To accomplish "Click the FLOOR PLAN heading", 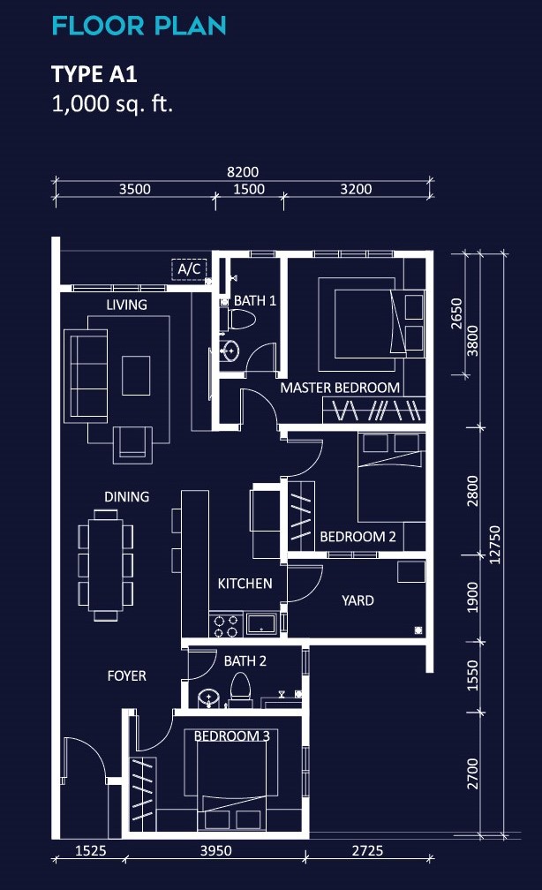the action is [139, 26].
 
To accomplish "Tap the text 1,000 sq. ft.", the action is [112, 104].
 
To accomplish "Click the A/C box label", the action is [189, 268].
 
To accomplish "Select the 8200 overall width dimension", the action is [243, 172].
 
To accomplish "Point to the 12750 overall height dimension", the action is [495, 545].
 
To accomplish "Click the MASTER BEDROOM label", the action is [340, 388].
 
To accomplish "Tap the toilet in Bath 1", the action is [241, 320].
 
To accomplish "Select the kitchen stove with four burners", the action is [226, 625].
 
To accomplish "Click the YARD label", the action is [358, 600].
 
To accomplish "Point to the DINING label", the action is [126, 497].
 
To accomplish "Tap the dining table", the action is [106, 565].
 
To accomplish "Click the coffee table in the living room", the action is [136, 375].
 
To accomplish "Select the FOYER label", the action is [126, 676].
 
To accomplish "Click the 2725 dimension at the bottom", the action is [368, 850].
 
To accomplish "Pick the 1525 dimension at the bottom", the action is [91, 850].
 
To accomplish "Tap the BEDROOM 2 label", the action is [358, 537].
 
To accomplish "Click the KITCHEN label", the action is [245, 584].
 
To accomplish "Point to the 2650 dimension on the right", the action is [457, 313].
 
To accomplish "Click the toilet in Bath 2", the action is [240, 687].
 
